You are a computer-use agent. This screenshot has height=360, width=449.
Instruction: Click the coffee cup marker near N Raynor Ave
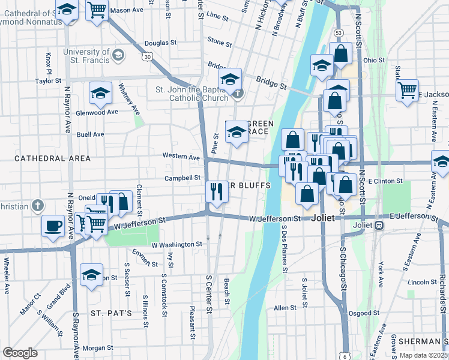click(53, 226)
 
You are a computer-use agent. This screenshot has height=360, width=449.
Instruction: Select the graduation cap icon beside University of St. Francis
click(119, 56)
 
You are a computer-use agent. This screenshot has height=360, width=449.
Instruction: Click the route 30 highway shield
click(148, 56)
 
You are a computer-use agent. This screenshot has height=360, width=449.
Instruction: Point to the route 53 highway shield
click(339, 32)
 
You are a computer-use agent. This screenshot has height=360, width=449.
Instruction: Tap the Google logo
click(20, 353)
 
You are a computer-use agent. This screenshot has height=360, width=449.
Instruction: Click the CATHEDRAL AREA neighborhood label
click(52, 158)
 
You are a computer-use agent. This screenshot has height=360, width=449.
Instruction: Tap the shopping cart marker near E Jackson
click(408, 91)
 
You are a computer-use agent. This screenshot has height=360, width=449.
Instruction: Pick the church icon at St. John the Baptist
click(238, 93)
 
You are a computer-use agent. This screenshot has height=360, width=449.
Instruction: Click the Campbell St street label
click(183, 178)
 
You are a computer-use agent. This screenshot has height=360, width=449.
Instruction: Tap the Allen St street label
click(282, 308)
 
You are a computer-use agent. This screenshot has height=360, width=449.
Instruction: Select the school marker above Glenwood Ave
click(101, 92)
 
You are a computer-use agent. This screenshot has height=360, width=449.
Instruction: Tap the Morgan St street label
click(98, 348)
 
